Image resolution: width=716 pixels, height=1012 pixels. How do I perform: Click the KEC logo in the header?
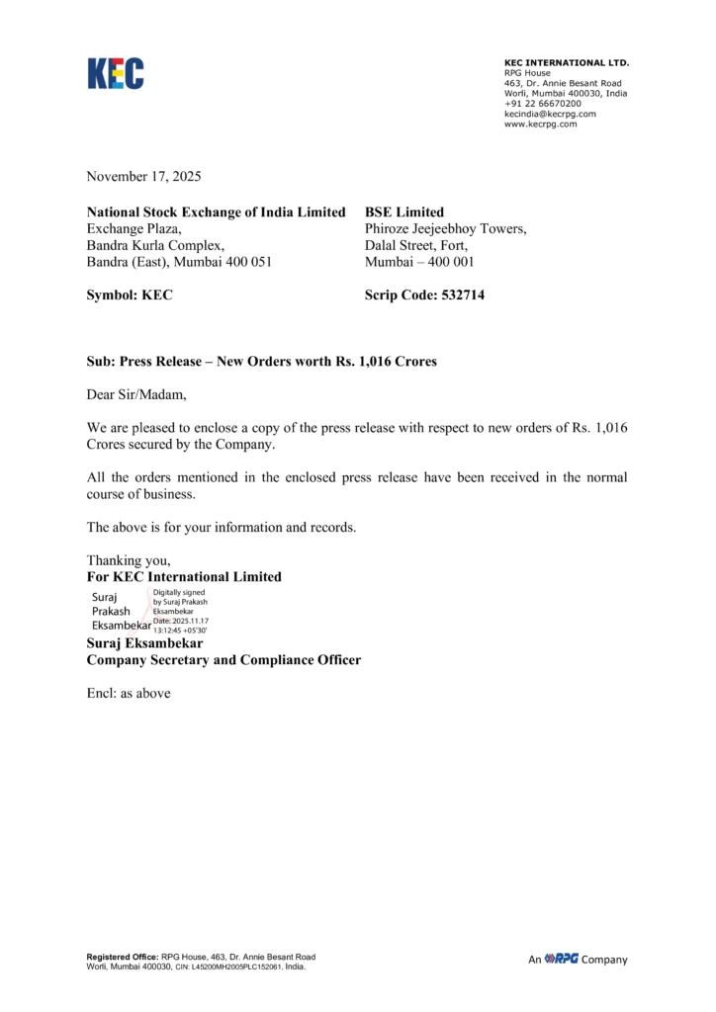tap(116, 74)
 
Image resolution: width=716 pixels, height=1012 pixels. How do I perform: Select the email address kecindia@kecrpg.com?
tap(550, 114)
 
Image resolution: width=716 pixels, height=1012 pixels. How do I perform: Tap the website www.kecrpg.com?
tap(540, 124)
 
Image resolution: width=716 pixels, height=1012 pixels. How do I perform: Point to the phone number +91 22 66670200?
tap(543, 103)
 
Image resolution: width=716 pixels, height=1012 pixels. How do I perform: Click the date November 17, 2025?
tap(143, 177)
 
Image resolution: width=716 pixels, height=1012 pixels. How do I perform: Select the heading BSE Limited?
tap(404, 211)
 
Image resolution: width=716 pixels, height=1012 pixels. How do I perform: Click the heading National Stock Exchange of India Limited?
tap(216, 211)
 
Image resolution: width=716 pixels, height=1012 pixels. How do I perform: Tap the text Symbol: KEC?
tap(130, 295)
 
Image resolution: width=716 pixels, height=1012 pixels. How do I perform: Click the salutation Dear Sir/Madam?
tap(135, 394)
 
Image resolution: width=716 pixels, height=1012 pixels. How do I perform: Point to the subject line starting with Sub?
tap(261, 362)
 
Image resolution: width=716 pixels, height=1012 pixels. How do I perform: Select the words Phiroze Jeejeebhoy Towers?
tap(445, 228)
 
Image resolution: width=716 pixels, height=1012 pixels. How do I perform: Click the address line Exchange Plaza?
tap(133, 228)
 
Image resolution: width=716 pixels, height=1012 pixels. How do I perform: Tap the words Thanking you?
tap(122, 560)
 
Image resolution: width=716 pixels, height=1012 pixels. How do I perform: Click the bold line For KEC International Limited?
tap(184, 576)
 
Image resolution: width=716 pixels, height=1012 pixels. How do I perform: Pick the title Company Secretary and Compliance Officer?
tap(224, 659)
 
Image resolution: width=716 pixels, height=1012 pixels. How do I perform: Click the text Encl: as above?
tap(129, 693)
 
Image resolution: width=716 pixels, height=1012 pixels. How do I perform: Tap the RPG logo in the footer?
tap(562, 959)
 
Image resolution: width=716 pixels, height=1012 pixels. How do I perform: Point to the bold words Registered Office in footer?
tap(122, 957)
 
